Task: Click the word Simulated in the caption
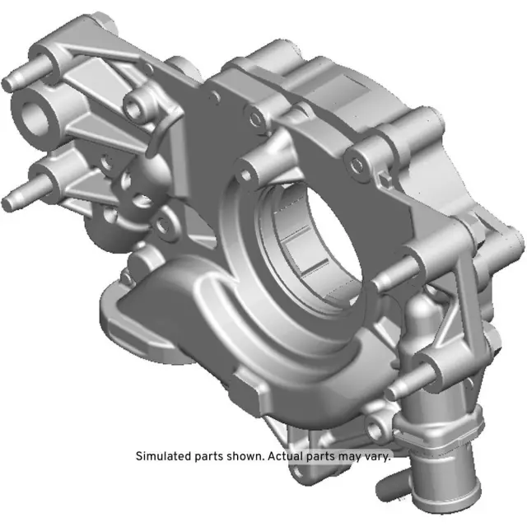click(161, 455)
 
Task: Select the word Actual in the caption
click(284, 455)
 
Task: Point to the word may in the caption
click(352, 455)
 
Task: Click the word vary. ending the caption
click(379, 455)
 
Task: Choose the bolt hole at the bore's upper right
click(356, 164)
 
